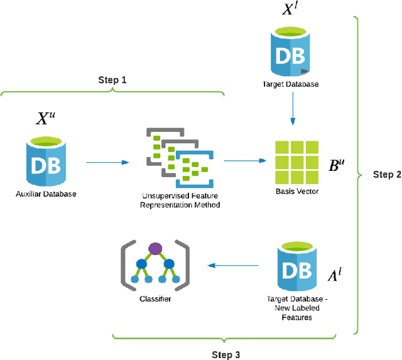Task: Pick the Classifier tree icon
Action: [x=154, y=265]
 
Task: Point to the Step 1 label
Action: [x=112, y=80]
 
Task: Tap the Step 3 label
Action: [x=226, y=355]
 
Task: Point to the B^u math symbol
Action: [x=337, y=165]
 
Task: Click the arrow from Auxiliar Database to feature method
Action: [x=107, y=163]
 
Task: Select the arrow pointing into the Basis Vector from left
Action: [x=244, y=161]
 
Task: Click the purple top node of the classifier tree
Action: [x=154, y=249]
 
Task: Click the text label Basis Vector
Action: [x=296, y=191]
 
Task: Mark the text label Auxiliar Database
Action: [x=46, y=194]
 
